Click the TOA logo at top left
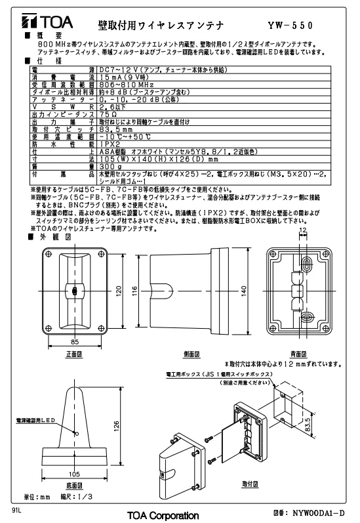click(47, 22)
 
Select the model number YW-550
click(290, 26)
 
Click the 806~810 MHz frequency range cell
click(127, 85)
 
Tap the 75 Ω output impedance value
click(108, 114)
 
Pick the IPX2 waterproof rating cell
click(110, 144)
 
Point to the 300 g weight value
click(111, 167)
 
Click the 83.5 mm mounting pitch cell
click(116, 129)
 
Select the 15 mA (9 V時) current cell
click(124, 77)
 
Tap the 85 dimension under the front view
click(75, 341)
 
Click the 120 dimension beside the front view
click(119, 291)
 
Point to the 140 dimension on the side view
click(244, 291)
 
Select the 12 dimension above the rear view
click(303, 230)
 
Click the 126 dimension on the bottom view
click(116, 427)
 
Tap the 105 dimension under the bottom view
click(74, 474)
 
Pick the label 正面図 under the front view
click(74, 354)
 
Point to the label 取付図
click(250, 484)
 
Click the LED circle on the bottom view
click(76, 434)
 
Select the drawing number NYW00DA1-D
click(318, 513)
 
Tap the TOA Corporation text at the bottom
click(163, 515)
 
